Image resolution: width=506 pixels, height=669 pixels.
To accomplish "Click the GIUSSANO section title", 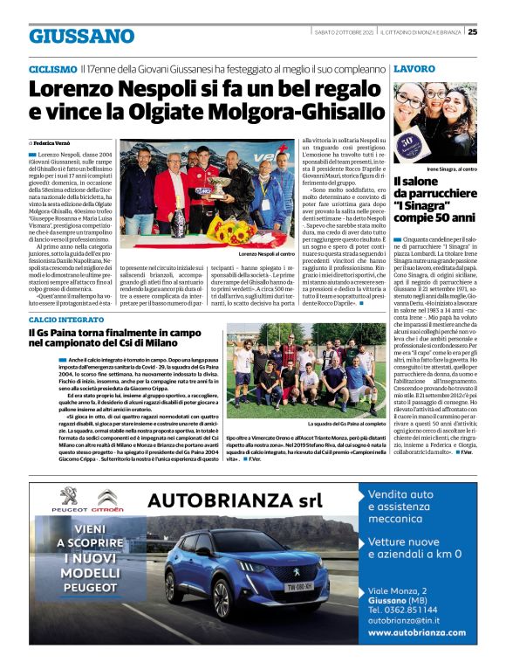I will point(82,36).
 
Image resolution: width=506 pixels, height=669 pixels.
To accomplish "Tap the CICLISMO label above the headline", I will point(52,68).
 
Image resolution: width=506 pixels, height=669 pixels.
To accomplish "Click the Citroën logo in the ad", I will point(109,500).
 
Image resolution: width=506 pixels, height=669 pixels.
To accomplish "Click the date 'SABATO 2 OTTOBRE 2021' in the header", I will point(345,32).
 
